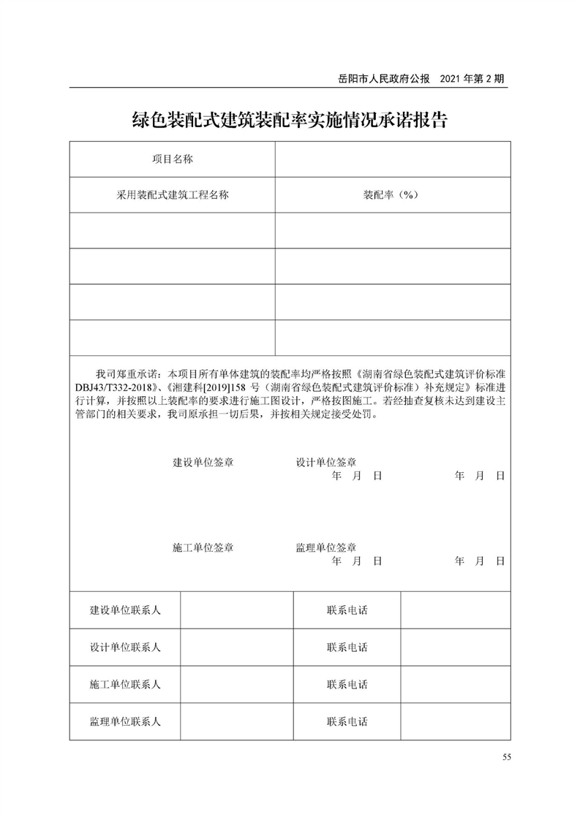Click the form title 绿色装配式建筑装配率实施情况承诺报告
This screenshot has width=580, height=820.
[290, 119]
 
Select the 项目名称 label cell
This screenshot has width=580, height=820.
[172, 159]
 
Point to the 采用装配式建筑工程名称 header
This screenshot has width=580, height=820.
[172, 195]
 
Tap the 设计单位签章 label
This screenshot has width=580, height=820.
[326, 463]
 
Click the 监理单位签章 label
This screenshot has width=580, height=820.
[326, 547]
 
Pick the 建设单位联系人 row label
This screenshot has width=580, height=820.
[125, 610]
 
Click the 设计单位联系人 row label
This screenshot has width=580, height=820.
[125, 648]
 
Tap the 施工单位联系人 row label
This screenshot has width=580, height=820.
[125, 685]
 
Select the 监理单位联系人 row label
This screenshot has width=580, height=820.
[125, 721]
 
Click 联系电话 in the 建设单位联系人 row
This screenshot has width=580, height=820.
[347, 610]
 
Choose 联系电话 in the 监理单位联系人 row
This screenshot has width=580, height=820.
[347, 721]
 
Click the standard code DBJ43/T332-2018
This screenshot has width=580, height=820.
[114, 386]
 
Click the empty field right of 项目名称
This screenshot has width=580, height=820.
[392, 159]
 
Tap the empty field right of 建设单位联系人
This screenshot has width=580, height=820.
[236, 610]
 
